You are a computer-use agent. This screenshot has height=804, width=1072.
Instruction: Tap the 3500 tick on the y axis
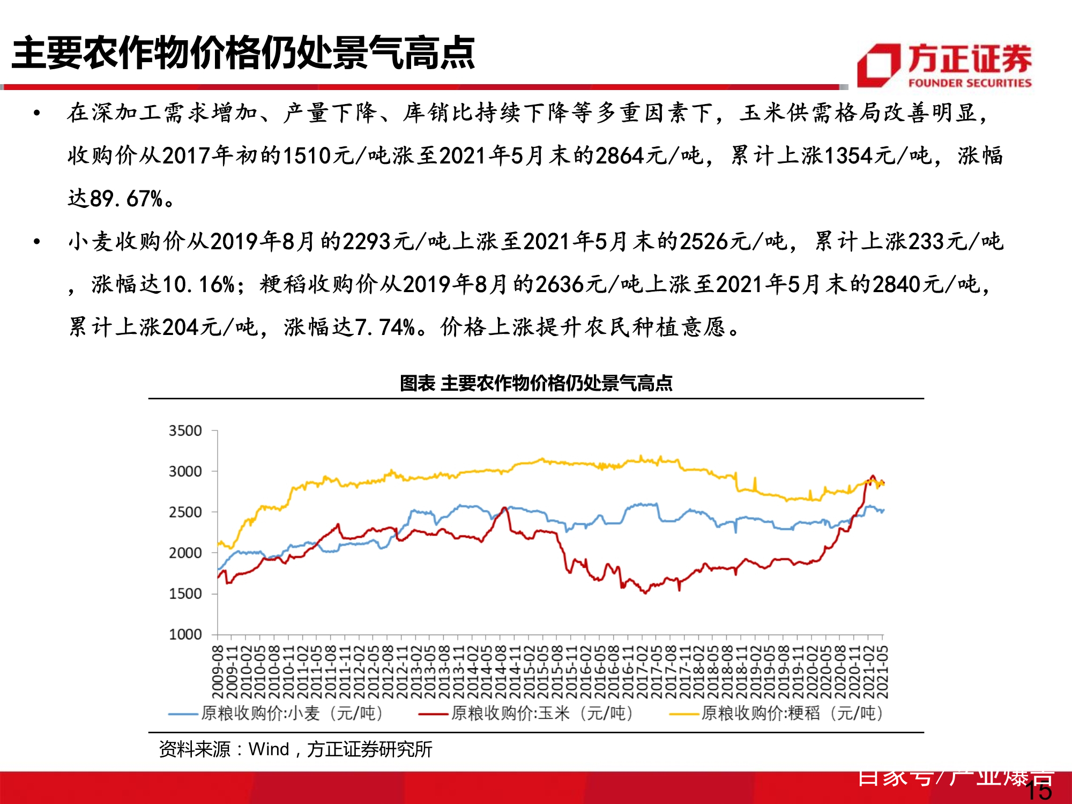click(x=185, y=431)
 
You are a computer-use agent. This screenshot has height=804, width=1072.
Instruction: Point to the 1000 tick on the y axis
click(x=185, y=635)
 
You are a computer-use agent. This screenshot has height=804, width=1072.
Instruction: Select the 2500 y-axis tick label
click(x=185, y=512)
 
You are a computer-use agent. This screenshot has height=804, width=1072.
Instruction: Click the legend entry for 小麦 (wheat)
click(x=276, y=713)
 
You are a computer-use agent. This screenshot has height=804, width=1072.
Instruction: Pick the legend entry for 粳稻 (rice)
click(x=776, y=713)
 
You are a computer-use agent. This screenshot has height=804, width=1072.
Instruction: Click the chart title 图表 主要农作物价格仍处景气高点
click(x=536, y=383)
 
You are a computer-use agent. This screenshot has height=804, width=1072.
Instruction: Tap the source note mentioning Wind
click(x=295, y=749)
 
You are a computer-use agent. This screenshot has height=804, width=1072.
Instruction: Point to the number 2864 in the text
click(x=619, y=156)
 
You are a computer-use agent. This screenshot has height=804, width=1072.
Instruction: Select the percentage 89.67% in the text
click(x=126, y=199)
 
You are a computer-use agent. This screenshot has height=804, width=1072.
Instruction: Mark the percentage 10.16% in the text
click(x=198, y=285)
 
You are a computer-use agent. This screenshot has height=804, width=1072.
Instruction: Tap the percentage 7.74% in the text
click(x=384, y=327)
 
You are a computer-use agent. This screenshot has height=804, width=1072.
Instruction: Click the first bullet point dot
click(x=36, y=113)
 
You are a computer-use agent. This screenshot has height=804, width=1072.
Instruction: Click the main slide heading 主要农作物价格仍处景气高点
click(x=243, y=53)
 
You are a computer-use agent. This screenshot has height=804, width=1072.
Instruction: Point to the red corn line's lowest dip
click(x=645, y=593)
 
